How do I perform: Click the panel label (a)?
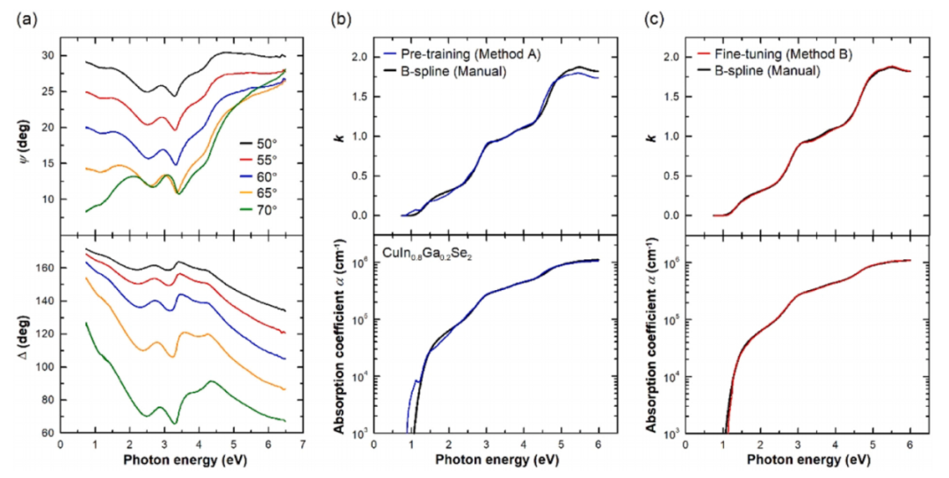[27, 20]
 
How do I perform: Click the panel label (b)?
[341, 20]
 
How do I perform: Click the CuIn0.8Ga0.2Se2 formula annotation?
[427, 256]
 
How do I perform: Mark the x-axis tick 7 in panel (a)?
[302, 444]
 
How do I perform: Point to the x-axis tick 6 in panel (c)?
[910, 444]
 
